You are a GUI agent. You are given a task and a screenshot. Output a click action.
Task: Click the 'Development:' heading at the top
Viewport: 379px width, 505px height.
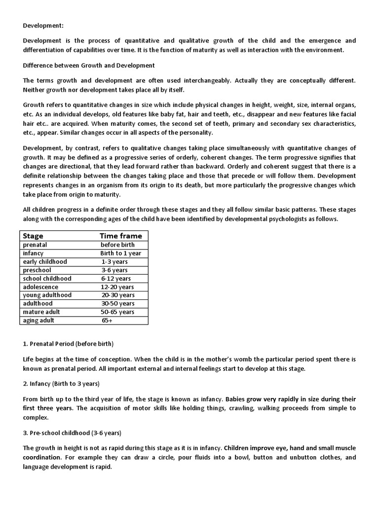[43, 26]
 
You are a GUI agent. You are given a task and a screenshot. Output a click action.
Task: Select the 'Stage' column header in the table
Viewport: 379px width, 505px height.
[33, 236]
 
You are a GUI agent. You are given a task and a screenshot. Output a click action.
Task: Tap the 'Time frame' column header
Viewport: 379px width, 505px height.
[120, 236]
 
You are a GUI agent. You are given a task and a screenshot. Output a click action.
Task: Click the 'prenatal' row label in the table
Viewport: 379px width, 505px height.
[35, 245]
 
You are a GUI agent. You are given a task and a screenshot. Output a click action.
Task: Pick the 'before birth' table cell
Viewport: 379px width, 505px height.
[117, 245]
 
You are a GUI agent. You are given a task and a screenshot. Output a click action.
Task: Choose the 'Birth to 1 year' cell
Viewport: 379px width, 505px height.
[121, 253]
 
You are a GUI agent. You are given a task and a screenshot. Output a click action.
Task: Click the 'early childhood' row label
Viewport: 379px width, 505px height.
[45, 261]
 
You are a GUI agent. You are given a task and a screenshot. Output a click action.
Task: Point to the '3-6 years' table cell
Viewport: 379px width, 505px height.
[114, 270]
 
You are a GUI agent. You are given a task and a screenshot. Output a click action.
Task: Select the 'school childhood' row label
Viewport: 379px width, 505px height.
[47, 278]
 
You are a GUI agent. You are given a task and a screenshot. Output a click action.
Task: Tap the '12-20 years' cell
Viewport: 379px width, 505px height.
[117, 287]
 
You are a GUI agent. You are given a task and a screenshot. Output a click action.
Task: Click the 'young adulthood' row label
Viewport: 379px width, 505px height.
[47, 295]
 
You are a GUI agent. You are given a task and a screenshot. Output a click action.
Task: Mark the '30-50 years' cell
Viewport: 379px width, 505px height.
[117, 303]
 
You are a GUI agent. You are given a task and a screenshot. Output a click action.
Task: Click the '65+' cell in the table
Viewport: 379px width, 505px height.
[107, 320]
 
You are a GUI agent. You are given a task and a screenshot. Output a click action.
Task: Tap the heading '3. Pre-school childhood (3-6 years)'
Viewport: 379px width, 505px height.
[72, 433]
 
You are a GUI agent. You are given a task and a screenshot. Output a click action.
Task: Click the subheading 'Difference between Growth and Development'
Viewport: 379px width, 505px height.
[89, 65]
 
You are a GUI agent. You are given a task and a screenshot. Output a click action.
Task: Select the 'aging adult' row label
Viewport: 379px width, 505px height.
[39, 320]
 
